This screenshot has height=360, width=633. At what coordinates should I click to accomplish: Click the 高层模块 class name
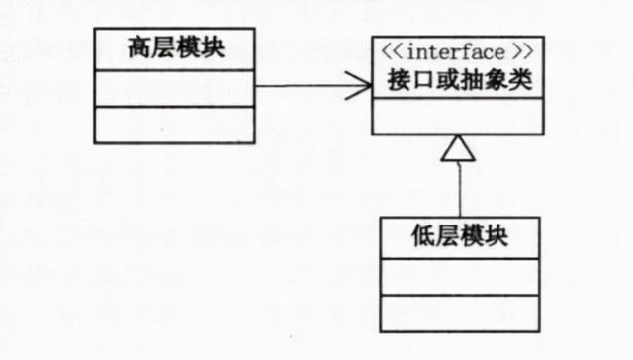(174, 46)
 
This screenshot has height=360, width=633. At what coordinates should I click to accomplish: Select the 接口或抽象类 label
(457, 80)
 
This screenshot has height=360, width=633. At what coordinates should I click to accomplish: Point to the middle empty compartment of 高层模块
(174, 83)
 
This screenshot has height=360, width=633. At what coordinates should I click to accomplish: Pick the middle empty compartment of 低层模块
(458, 274)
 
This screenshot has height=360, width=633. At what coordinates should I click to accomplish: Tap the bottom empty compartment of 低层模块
(458, 311)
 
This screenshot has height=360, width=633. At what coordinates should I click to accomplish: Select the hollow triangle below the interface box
(458, 148)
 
